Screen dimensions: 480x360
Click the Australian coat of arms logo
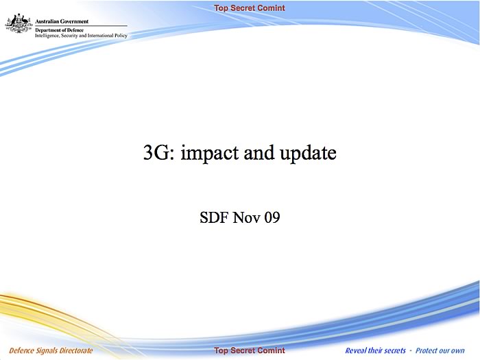19,23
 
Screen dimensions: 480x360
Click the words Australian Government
62,21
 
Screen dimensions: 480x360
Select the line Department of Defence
60,30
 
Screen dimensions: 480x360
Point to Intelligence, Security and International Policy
81,36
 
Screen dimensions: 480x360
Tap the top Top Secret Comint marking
250,8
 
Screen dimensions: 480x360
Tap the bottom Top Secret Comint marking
250,350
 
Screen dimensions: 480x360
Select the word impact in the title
209,153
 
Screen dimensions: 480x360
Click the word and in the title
259,152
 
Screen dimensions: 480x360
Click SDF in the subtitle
214,217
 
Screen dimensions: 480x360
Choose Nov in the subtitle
246,217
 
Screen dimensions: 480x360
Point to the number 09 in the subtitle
272,217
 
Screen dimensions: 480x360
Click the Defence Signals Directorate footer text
51,350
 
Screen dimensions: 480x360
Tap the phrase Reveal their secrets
375,350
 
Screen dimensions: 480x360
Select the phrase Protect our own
440,350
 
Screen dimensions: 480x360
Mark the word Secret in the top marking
244,8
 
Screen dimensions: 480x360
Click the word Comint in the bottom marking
272,350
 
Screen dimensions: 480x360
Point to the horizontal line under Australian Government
81,26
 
